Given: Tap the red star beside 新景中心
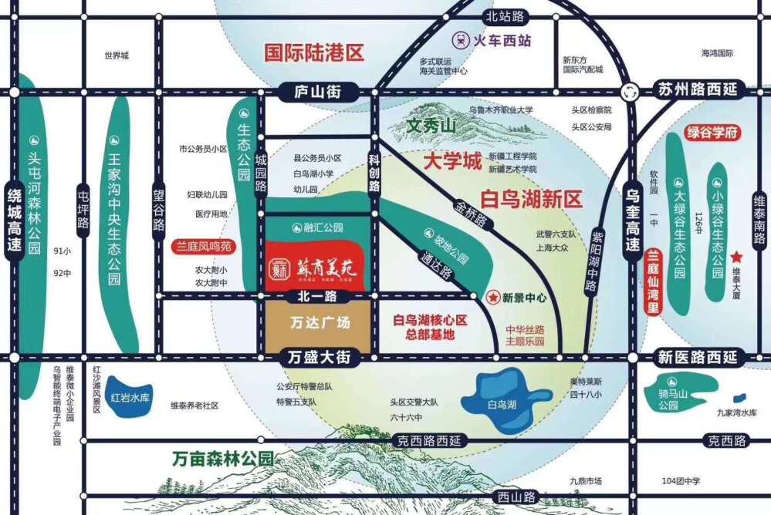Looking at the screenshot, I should pos(492,296).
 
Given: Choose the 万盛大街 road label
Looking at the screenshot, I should pos(317,357).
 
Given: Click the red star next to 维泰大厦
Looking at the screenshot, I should pos(737,256).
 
